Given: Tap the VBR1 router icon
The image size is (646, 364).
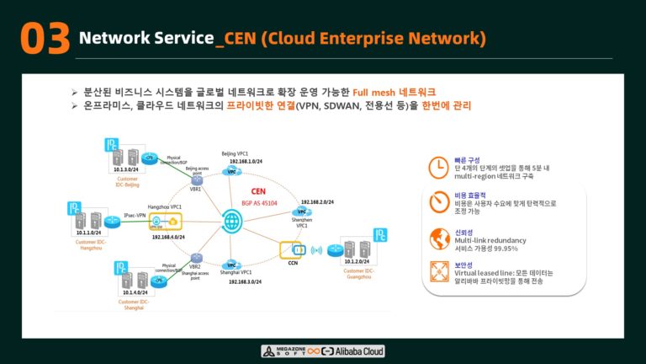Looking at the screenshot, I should coord(196,178).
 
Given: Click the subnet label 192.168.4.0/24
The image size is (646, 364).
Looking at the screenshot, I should coord(169,238).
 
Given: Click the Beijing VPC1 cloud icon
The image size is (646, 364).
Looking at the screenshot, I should coord(230,170).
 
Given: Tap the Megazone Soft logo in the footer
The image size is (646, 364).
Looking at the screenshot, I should coord(283,351).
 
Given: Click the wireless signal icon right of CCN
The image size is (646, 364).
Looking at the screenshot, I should coord(317,250).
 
